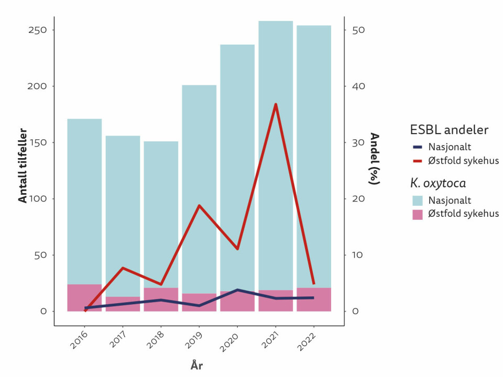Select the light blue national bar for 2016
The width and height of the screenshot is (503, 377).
point(84,199)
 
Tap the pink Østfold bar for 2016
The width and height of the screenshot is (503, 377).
point(84,297)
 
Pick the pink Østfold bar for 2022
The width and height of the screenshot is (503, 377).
point(313,300)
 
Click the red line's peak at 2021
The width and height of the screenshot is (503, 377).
point(276,104)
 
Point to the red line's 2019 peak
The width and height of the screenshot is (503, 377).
point(199,205)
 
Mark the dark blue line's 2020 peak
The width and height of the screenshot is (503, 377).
point(237,290)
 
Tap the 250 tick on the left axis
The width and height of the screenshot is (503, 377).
point(37,30)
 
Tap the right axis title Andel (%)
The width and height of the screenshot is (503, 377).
point(374,159)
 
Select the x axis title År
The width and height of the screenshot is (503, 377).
point(196,365)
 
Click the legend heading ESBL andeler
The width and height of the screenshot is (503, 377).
point(450,129)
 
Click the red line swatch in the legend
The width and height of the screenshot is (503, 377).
point(417,161)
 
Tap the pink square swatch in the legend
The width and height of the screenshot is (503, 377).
point(417,214)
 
